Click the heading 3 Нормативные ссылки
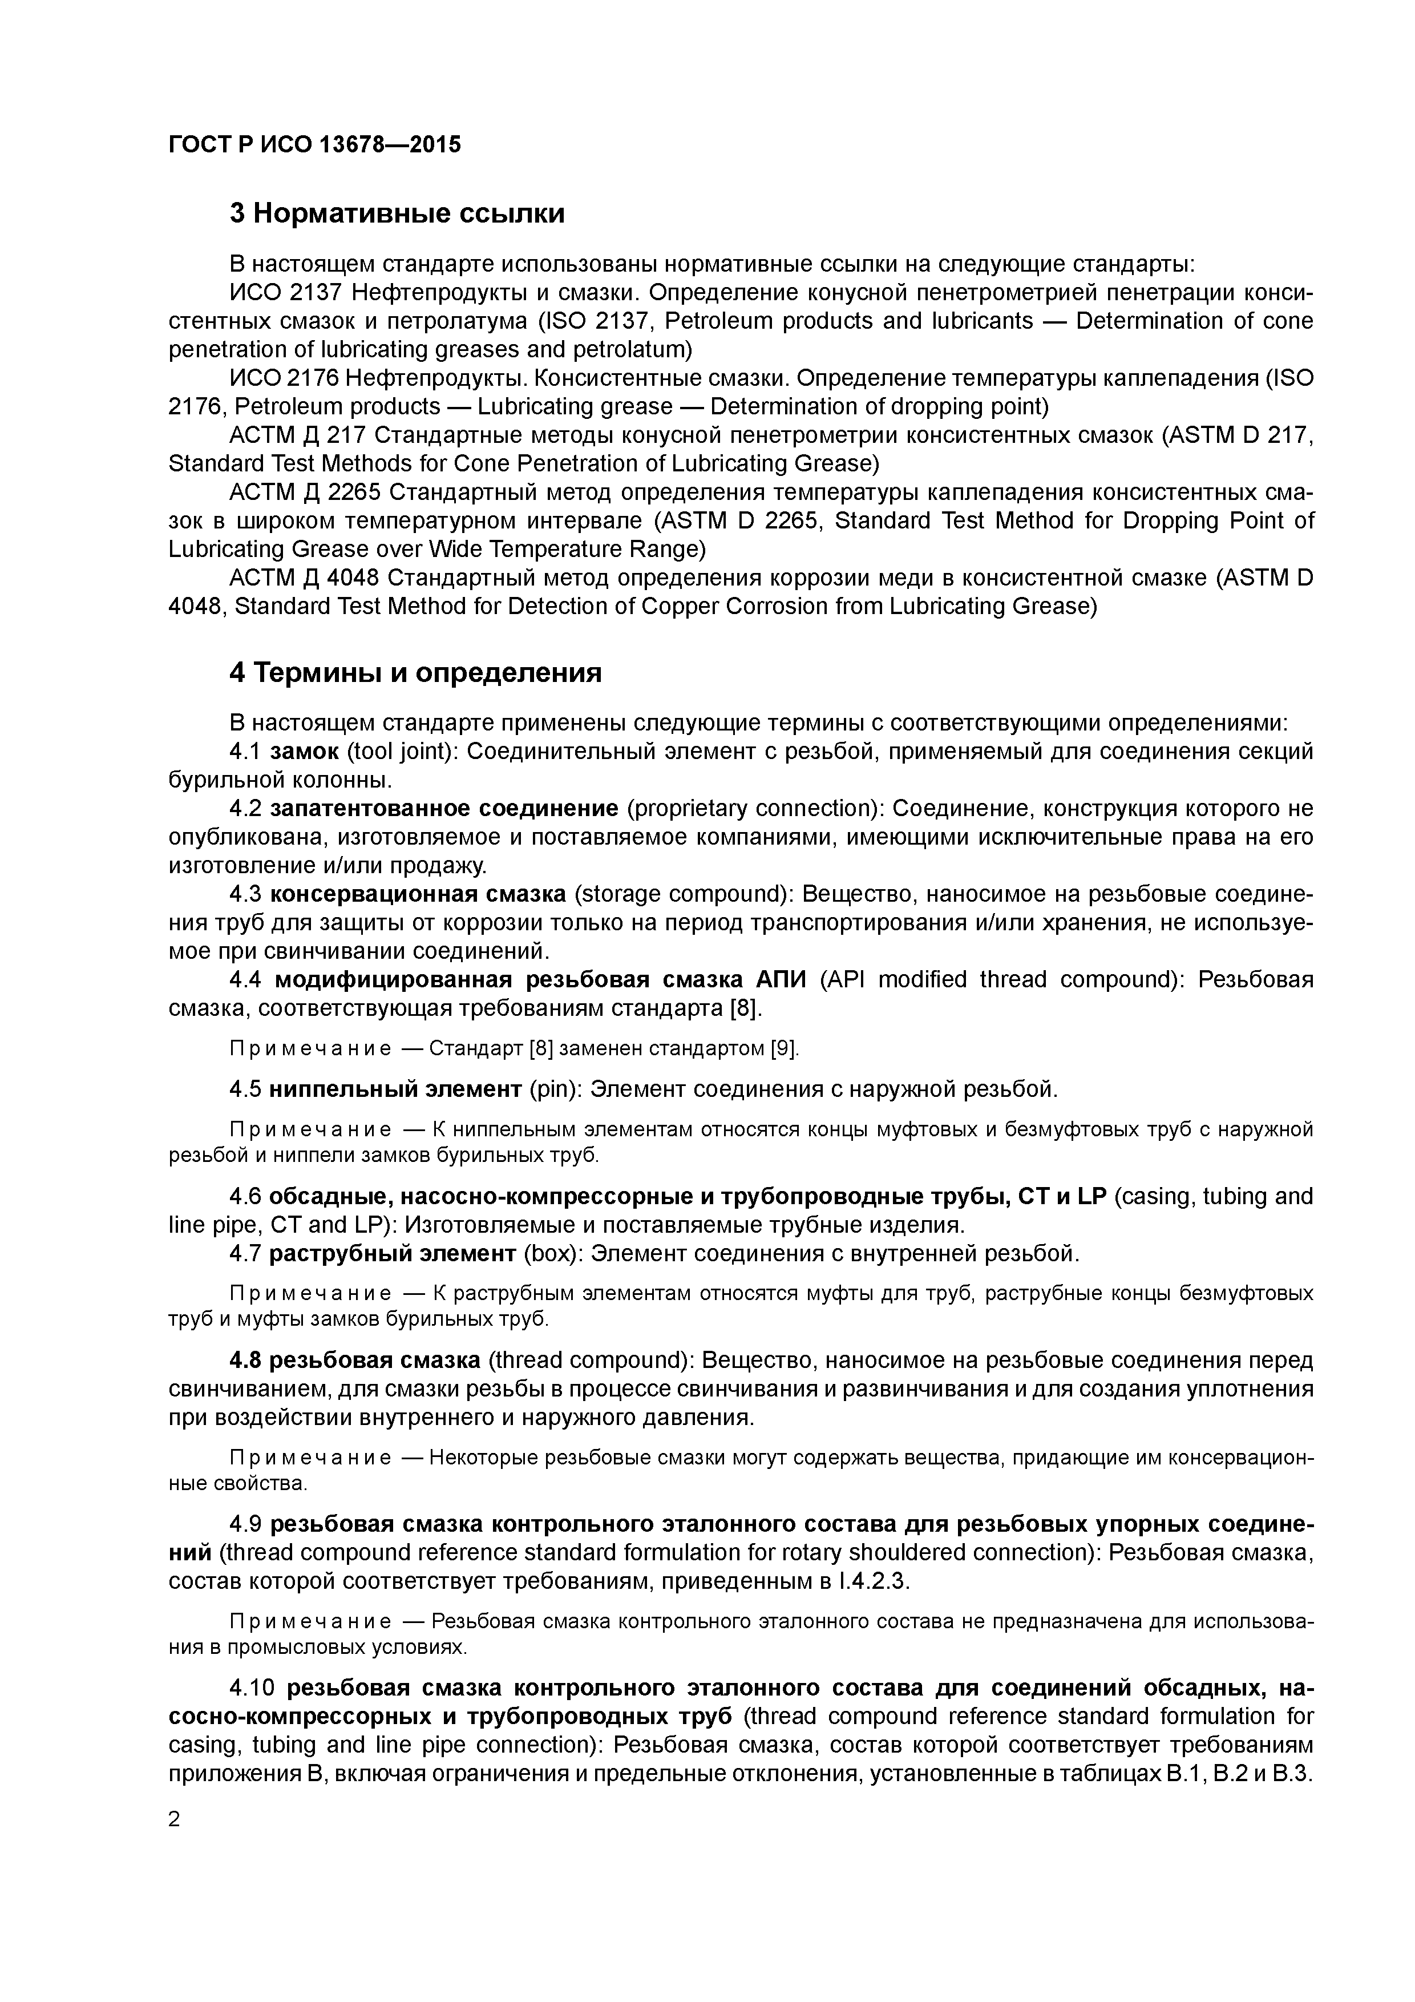397,213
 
